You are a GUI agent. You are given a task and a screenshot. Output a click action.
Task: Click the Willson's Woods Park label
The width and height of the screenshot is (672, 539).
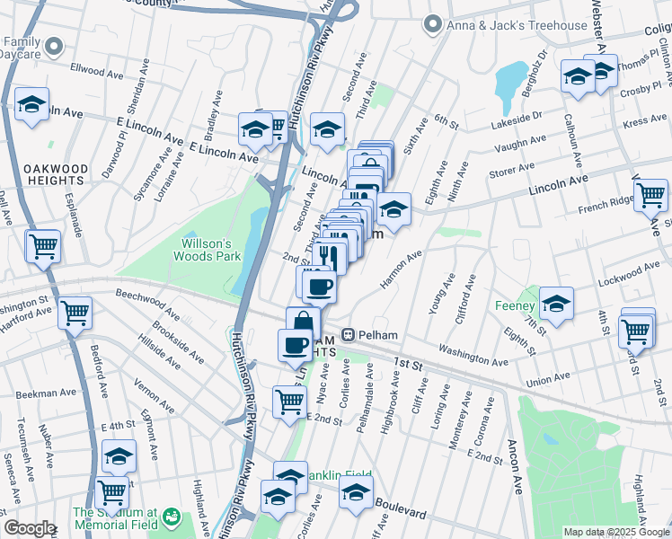pos(212,250)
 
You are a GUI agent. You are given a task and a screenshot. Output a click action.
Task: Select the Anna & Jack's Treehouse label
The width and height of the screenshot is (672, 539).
pos(517,25)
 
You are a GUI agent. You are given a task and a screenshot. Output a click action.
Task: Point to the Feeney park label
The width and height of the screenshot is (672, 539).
pos(515,305)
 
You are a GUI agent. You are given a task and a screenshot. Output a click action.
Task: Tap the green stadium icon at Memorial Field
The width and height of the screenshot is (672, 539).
pos(170,518)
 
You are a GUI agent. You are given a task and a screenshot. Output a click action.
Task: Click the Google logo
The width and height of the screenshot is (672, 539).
pos(30,528)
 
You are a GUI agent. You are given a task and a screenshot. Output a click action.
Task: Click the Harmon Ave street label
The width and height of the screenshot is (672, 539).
pos(401,269)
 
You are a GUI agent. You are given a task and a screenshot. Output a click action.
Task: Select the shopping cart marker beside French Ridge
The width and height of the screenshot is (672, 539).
pos(650,194)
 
